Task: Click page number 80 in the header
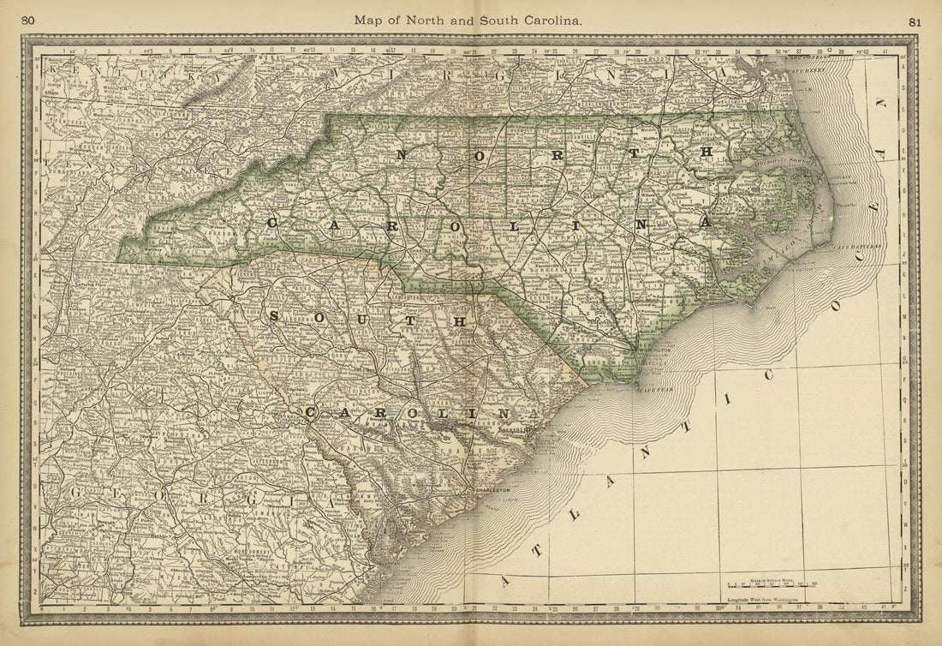[28, 20]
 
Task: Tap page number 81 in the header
[915, 21]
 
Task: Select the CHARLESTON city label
[492, 490]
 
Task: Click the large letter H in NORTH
[707, 151]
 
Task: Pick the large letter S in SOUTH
[274, 316]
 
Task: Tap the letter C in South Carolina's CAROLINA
[312, 412]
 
